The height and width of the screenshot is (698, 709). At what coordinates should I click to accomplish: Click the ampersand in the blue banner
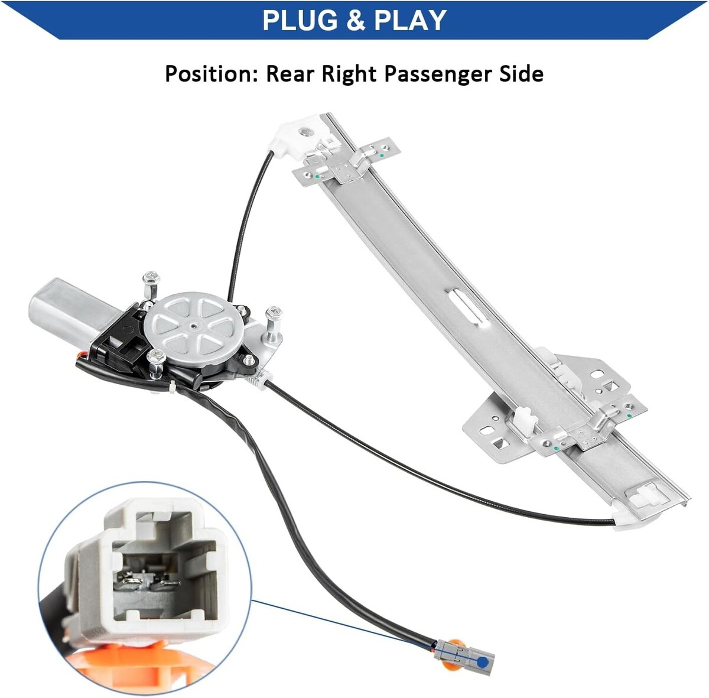tap(356, 20)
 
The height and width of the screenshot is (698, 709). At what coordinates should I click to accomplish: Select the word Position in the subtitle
tap(210, 74)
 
